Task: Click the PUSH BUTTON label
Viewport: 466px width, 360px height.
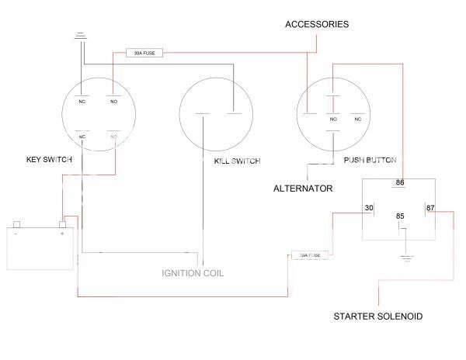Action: tap(370, 161)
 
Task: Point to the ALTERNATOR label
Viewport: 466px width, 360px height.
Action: tap(303, 189)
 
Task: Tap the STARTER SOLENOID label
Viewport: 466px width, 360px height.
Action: tap(377, 317)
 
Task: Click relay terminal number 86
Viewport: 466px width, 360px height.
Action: tap(400, 183)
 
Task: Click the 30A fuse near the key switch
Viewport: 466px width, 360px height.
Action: tap(145, 54)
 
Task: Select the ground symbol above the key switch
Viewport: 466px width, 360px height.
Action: tap(82, 35)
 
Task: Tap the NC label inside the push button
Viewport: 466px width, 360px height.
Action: tap(358, 119)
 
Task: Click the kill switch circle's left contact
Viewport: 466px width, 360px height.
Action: tap(202, 115)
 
